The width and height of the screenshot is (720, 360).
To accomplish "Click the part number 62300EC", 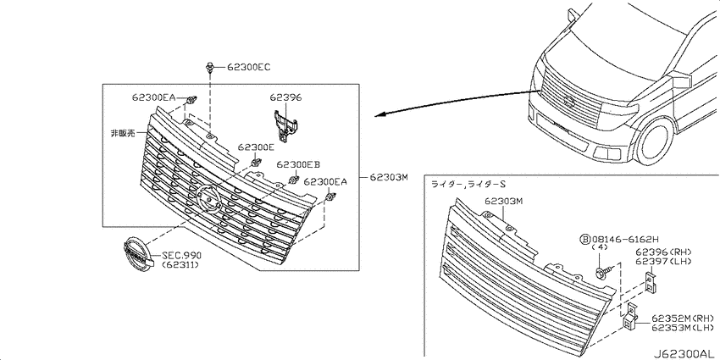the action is point(249,68).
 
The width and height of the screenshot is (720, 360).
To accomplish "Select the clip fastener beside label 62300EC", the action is point(209,68).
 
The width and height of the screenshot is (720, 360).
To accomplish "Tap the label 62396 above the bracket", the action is point(285,97).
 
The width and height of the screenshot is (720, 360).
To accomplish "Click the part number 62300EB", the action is point(298,164).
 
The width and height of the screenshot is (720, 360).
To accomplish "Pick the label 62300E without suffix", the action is point(256,147).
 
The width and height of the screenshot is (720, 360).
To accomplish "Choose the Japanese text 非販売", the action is point(122,134).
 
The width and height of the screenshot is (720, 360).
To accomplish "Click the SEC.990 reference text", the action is point(181,256).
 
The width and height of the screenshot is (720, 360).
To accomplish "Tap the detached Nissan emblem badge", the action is point(137,255).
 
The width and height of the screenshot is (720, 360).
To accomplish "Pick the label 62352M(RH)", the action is point(683,318).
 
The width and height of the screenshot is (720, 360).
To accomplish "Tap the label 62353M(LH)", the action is point(683,327).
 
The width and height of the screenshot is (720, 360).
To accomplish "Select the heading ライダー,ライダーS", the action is point(468,184).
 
